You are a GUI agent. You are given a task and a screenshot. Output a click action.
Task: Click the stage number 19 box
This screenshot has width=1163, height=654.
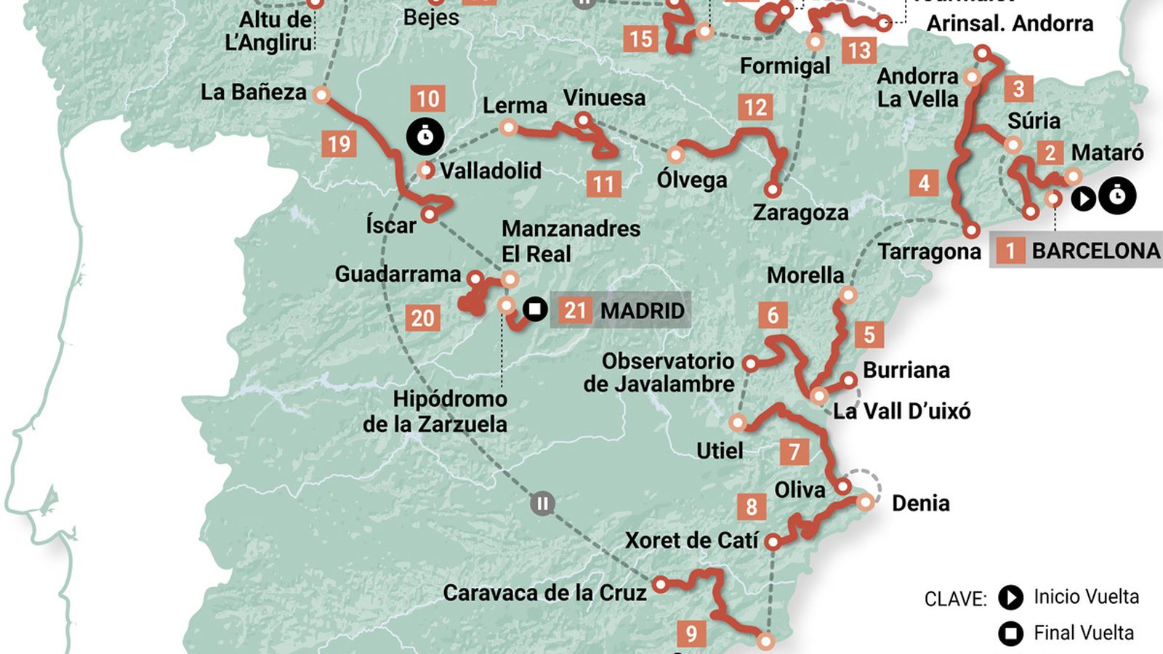pos(339,144)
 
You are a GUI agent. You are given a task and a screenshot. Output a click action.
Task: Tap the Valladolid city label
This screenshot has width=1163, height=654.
pos(491,171)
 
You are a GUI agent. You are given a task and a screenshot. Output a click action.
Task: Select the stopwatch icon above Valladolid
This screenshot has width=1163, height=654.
pos(425,136)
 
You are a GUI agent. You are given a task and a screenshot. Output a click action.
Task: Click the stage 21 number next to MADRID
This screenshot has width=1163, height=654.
pos(575,311)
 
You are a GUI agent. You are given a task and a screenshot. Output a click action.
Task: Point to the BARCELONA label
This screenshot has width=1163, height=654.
pos(1095,251)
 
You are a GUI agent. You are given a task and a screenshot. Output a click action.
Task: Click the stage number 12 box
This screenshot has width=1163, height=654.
pos(755,108)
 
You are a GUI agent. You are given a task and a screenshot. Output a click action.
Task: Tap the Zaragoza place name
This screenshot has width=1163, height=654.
pos(800,213)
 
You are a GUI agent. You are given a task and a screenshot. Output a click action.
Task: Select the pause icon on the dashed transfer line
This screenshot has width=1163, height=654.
pos(542,503)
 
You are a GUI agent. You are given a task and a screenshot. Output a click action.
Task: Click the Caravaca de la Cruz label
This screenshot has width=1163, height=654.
pos(544,593)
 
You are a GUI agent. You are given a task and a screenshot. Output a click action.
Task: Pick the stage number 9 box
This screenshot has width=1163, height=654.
pos(691,634)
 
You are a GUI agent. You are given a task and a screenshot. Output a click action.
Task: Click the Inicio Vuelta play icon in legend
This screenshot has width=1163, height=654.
pos(1010,597)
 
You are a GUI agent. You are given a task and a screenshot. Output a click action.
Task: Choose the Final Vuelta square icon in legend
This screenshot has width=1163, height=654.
pos(1010,634)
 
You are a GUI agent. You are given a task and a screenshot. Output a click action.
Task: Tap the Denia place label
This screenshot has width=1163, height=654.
pos(920,503)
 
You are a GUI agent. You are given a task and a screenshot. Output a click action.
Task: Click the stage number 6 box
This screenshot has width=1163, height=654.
pos(773,315)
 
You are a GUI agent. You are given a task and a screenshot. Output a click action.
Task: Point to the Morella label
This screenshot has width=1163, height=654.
pos(805,275)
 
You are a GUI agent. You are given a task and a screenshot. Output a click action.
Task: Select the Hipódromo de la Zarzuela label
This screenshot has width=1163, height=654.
pos(435,411)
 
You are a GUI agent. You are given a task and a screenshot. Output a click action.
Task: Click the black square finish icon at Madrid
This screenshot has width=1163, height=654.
pos(535,309)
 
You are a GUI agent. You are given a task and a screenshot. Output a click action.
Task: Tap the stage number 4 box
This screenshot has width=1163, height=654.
pos(923,182)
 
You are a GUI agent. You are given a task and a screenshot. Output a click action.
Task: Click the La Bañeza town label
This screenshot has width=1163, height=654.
pos(254,92)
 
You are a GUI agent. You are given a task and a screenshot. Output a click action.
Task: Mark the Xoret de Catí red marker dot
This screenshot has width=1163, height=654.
pos(773,542)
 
